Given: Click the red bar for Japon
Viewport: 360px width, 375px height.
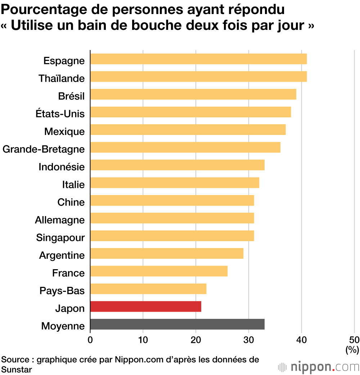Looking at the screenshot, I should click(x=145, y=307).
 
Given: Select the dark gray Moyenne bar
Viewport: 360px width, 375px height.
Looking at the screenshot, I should click(x=177, y=324).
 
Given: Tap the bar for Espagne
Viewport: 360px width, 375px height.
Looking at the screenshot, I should click(x=198, y=59).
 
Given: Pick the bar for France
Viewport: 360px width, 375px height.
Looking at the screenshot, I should click(x=158, y=271).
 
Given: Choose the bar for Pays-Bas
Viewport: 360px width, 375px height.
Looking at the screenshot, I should click(x=148, y=289).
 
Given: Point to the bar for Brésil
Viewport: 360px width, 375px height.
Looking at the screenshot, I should click(x=193, y=95).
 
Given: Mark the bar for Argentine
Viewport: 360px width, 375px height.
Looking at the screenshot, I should click(x=166, y=254).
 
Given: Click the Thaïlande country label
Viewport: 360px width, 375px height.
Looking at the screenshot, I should click(x=62, y=78).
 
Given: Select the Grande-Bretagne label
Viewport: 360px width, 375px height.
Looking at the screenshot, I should click(x=44, y=149).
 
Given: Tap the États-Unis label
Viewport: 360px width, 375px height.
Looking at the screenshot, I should click(x=60, y=114).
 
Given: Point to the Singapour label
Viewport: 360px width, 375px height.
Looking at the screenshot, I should click(x=60, y=238).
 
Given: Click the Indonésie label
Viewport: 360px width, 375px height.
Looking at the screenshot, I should click(x=62, y=167).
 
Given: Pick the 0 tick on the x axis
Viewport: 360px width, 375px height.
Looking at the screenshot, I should click(x=90, y=339).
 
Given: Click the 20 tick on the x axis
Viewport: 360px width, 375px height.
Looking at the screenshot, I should click(x=196, y=339).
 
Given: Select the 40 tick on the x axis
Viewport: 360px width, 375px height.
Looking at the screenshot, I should click(x=302, y=339).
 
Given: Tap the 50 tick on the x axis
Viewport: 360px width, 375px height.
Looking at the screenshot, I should click(x=354, y=339).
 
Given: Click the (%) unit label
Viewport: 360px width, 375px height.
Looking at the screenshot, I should click(x=352, y=349).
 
